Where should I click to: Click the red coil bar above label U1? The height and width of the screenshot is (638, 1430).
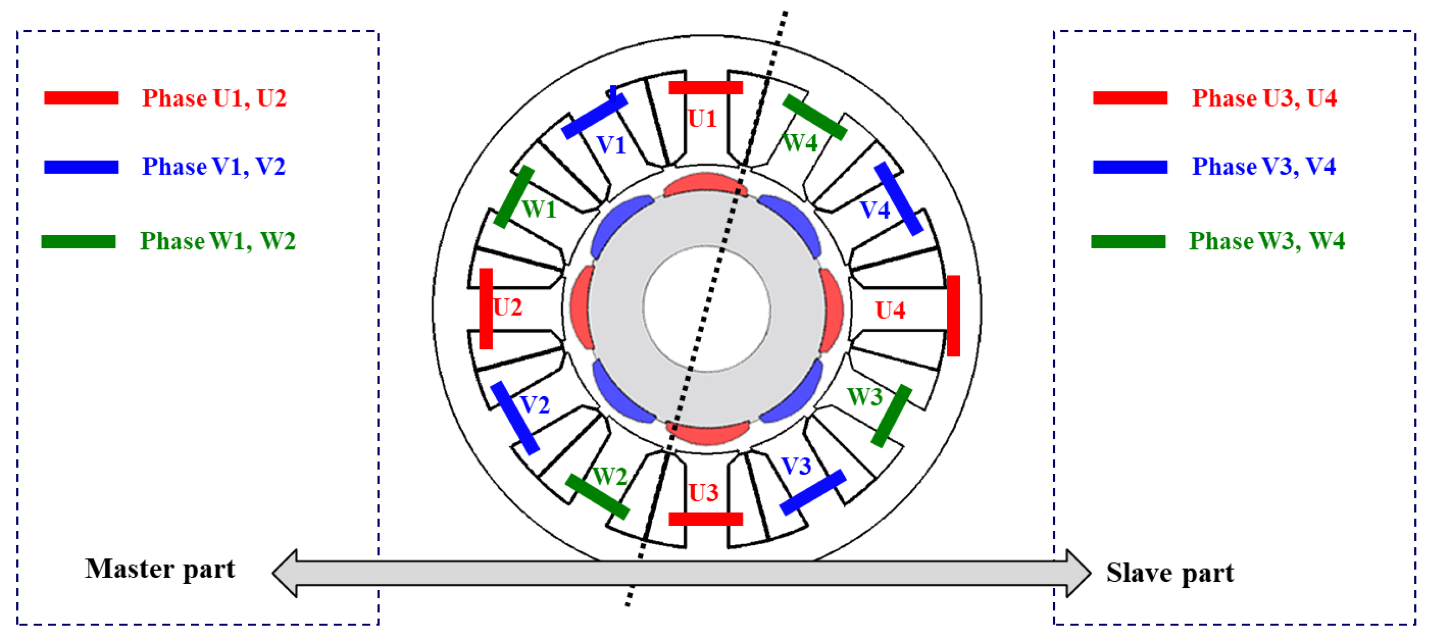pyautogui.click(x=705, y=87)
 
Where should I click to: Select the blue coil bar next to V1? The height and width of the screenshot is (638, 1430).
pyautogui.click(x=594, y=116)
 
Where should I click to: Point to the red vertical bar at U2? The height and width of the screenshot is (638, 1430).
pyautogui.click(x=486, y=309)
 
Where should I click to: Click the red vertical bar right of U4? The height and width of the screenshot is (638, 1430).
pyautogui.click(x=953, y=315)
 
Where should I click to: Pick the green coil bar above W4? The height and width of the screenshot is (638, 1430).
pyautogui.click(x=815, y=117)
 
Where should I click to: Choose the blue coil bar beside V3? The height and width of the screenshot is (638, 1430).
pyautogui.click(x=813, y=492)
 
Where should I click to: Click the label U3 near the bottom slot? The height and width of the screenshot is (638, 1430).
pyautogui.click(x=703, y=493)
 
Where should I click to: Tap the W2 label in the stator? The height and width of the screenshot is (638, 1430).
pyautogui.click(x=609, y=476)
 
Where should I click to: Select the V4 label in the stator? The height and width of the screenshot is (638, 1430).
pyautogui.click(x=875, y=210)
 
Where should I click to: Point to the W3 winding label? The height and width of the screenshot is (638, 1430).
pyautogui.click(x=864, y=397)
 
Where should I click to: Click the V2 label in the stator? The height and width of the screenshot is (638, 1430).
pyautogui.click(x=535, y=405)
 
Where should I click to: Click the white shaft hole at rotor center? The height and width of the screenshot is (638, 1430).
pyautogui.click(x=707, y=309)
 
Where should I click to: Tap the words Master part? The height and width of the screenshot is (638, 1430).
pyautogui.click(x=160, y=569)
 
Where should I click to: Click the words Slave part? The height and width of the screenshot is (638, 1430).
pyautogui.click(x=1170, y=573)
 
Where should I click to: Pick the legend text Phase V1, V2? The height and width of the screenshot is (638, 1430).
pyautogui.click(x=214, y=167)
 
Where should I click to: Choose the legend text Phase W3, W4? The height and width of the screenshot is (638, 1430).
pyautogui.click(x=1266, y=241)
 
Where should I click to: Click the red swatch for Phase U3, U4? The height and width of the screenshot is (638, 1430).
pyautogui.click(x=1130, y=98)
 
